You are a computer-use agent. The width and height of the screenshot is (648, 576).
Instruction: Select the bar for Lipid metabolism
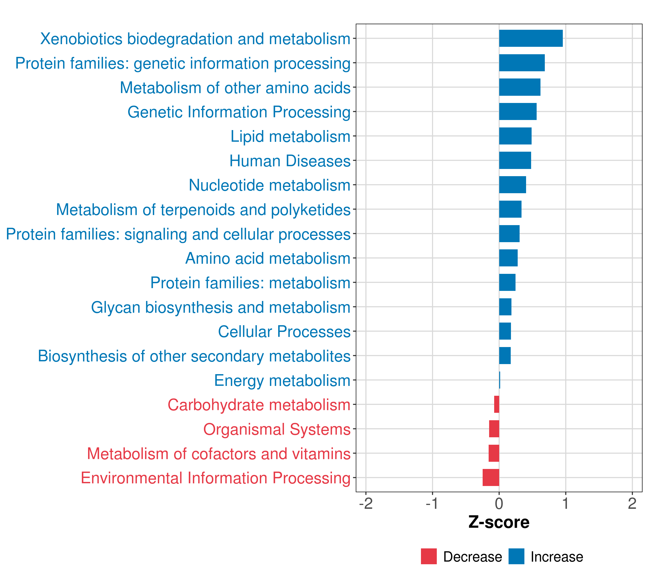(515, 136)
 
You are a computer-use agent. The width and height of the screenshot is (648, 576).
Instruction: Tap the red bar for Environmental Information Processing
(491, 477)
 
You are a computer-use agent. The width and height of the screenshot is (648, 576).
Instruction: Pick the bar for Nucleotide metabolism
(512, 185)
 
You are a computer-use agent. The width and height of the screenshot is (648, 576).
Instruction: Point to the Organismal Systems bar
(494, 429)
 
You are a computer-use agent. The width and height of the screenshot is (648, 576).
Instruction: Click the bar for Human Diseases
(515, 160)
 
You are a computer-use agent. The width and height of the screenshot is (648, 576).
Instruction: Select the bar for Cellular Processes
(505, 331)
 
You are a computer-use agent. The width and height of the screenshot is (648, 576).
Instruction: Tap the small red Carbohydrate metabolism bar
(497, 404)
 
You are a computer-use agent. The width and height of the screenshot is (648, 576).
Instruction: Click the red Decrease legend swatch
(429, 556)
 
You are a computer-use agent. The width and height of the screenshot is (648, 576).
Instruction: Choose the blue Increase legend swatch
(516, 556)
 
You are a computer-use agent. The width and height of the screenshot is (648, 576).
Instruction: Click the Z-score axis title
(499, 522)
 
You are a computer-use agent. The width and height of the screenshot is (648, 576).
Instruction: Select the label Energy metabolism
(282, 380)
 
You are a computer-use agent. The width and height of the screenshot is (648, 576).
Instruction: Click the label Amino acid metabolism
(268, 258)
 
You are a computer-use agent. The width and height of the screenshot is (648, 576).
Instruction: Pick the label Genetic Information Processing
(239, 112)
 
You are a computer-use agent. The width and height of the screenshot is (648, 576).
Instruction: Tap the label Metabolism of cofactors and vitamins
(219, 454)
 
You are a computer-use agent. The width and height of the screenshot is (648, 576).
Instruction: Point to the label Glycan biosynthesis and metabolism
(221, 307)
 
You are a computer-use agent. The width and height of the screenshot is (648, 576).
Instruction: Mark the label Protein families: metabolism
(250, 283)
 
